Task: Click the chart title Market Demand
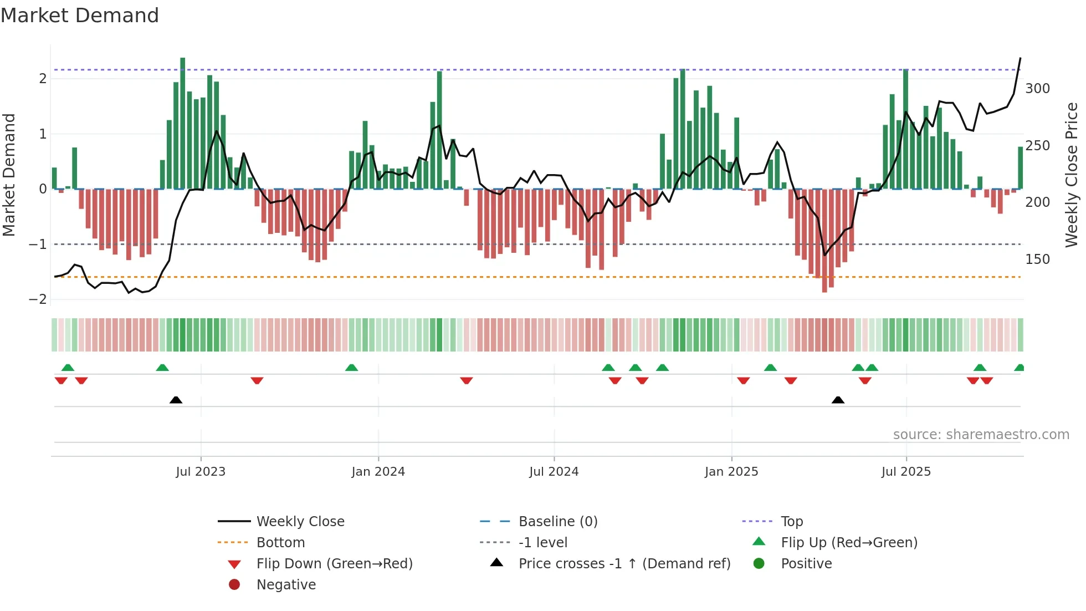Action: (x=80, y=16)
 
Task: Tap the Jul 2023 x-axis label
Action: (x=201, y=472)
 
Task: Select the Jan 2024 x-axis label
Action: (x=378, y=472)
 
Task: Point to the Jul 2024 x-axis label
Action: (x=554, y=472)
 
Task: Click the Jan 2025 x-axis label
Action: (x=731, y=472)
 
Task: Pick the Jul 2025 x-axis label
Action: (x=906, y=472)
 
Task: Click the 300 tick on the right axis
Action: (x=1037, y=89)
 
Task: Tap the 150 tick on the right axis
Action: (x=1037, y=259)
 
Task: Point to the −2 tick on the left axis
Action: (x=38, y=299)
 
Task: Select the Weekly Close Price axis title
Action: (x=1072, y=175)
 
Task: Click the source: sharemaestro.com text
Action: (x=981, y=435)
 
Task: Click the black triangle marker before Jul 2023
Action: (x=176, y=400)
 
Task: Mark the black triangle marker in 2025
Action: (x=838, y=400)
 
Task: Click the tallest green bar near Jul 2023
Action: (x=183, y=123)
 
